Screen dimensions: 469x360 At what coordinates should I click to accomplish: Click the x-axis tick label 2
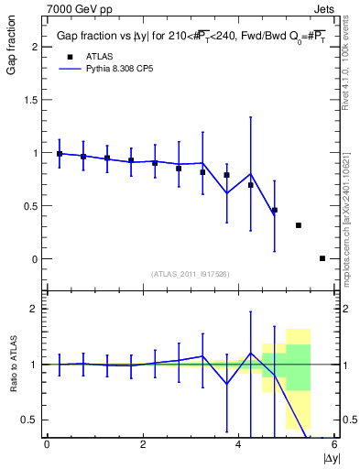(143, 444)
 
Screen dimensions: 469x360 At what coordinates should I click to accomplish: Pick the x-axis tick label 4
(238, 444)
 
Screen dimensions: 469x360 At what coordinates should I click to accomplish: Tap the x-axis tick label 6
(334, 444)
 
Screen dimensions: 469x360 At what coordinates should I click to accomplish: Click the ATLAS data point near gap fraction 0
(322, 258)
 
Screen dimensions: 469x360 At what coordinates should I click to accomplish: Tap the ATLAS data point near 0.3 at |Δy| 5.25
(299, 225)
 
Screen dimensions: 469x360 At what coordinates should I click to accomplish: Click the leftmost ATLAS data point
(60, 154)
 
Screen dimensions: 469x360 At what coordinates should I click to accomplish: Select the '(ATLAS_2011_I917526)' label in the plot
(191, 274)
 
